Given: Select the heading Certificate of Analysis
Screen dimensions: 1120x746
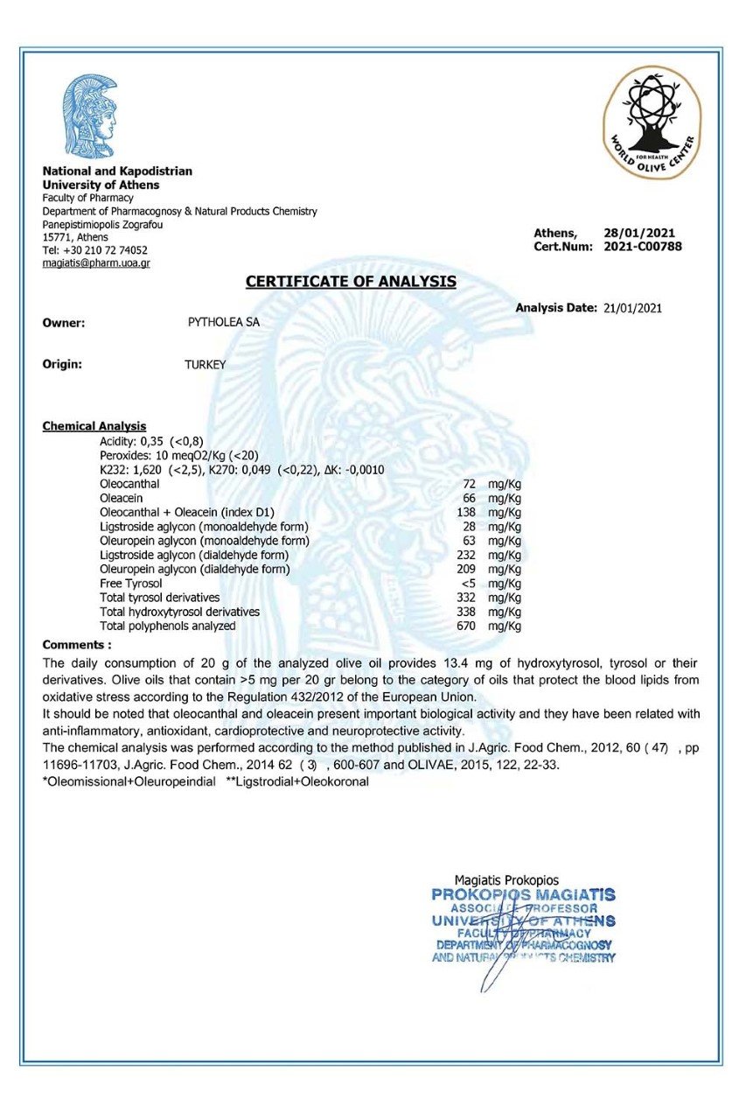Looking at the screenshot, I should coord(351,282).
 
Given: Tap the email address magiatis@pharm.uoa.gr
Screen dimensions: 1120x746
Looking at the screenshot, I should coord(96,263).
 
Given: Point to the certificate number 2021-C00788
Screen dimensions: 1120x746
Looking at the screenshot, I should coord(643,247).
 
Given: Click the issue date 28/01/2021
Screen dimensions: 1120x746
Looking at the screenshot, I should coord(639,233).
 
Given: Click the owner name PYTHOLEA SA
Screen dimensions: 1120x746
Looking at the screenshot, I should coord(224,322).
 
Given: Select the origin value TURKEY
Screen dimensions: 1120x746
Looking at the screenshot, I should coord(205,365).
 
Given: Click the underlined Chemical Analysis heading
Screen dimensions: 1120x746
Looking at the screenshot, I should coord(94,426).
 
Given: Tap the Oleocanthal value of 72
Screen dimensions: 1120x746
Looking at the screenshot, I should coord(469,484).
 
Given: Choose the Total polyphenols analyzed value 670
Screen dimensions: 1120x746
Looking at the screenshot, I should coord(468,626).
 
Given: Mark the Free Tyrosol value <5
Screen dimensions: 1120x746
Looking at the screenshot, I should coord(468,584).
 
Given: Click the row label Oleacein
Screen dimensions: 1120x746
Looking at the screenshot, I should coord(121,498).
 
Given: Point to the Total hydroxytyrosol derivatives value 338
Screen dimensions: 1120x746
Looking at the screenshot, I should coord(468,612).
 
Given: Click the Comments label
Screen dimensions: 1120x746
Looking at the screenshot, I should coord(77,645).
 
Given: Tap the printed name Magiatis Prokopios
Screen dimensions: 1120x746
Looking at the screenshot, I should coord(506,880).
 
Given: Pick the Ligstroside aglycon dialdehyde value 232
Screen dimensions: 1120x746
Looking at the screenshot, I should coord(468,555).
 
